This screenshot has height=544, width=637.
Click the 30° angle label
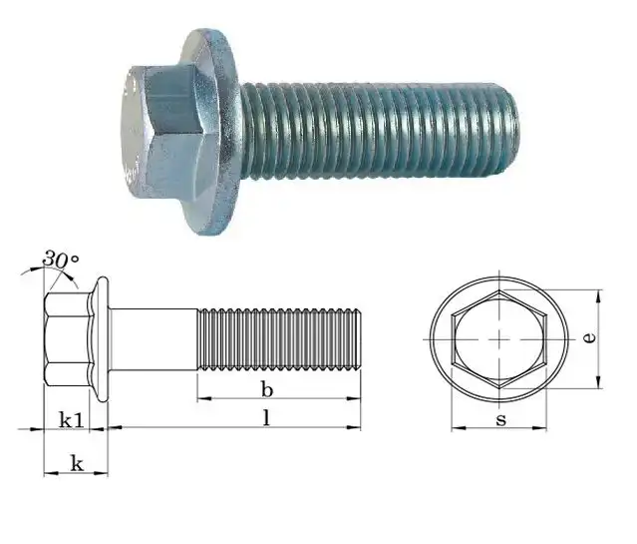pyautogui.click(x=60, y=262)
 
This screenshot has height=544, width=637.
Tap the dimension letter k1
pyautogui.click(x=70, y=419)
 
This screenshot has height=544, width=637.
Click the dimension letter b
pyautogui.click(x=266, y=387)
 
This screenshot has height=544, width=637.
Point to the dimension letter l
pyautogui.click(x=266, y=418)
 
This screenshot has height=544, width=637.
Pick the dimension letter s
pyautogui.click(x=500, y=419)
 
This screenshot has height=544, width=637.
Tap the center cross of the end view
pyautogui.click(x=498, y=340)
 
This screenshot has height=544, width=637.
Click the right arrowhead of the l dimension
pyautogui.click(x=356, y=427)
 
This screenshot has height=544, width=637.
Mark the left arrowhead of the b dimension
pyautogui.click(x=202, y=398)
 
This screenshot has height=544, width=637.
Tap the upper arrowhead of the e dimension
pyautogui.click(x=598, y=295)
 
